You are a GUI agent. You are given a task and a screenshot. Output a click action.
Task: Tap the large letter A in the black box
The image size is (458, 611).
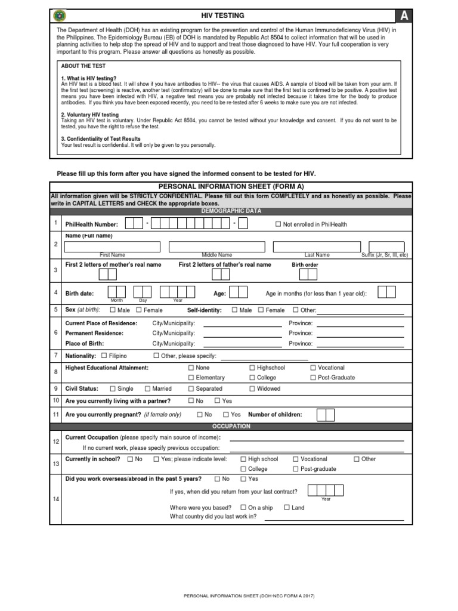point(404,16)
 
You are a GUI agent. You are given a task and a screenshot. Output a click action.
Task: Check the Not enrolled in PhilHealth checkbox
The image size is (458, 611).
point(277,224)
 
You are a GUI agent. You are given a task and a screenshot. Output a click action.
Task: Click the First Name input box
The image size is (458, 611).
point(113,246)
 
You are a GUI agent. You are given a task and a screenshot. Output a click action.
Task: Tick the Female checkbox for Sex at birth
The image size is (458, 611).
point(139,310)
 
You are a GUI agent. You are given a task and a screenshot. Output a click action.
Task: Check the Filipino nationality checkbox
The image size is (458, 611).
point(104,356)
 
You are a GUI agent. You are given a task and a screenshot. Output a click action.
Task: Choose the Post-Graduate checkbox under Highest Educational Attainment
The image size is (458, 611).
point(313,378)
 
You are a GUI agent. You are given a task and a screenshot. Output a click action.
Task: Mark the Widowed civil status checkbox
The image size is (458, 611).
point(252,388)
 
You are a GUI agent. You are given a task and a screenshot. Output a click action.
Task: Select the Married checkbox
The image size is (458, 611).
point(147,388)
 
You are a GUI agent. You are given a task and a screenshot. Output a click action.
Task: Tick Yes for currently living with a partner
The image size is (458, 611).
point(217,401)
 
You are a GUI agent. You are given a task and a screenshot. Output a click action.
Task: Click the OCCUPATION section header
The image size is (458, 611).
point(231,427)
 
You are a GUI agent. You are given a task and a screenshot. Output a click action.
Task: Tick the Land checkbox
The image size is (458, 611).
point(287,507)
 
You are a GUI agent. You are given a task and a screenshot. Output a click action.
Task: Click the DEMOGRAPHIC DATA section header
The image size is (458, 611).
point(231,211)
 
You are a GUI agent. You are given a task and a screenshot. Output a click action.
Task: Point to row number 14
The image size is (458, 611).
point(56,499)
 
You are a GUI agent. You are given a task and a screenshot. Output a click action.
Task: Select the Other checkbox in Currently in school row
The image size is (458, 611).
point(356,459)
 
